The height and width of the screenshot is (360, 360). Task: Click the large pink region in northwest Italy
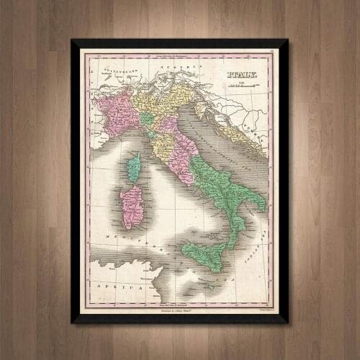[x=119, y=112]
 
